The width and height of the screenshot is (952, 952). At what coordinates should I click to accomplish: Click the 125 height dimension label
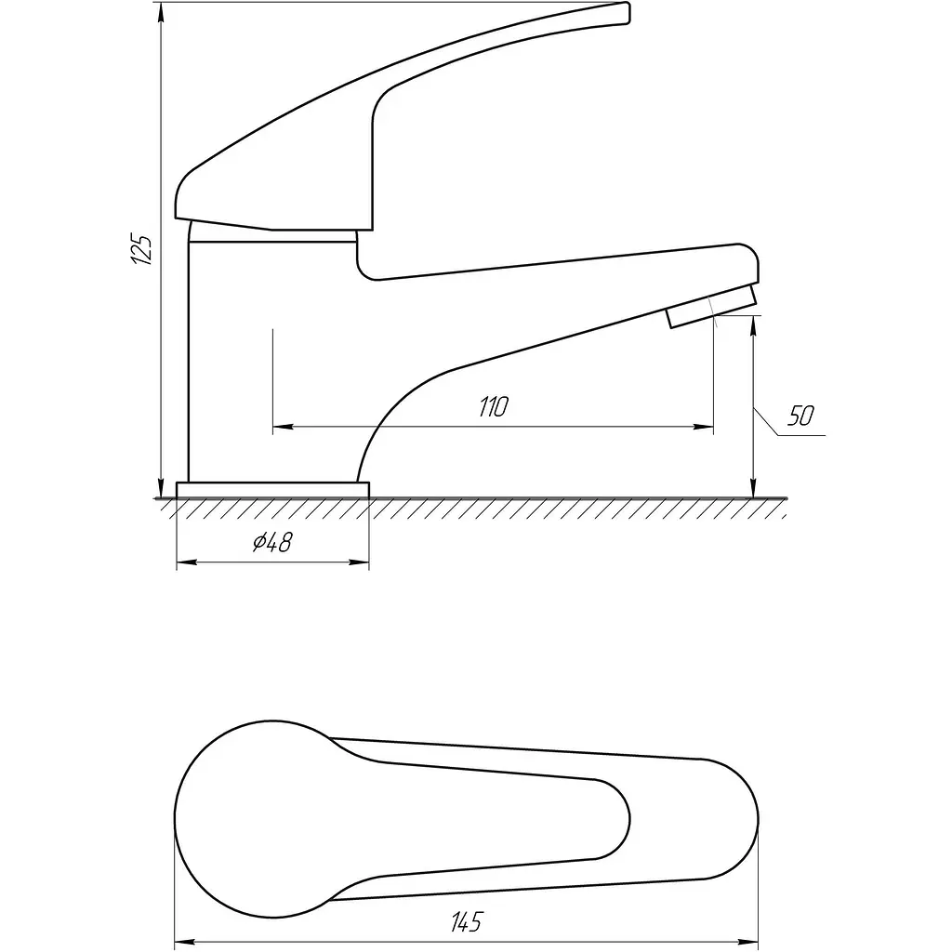tap(142, 248)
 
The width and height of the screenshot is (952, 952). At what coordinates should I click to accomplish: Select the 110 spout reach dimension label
tap(494, 406)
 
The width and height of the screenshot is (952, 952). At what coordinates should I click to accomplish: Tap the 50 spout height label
tap(800, 416)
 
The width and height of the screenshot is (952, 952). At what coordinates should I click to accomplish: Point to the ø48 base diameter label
tap(272, 542)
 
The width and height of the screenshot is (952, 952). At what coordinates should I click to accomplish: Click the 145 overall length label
tap(468, 921)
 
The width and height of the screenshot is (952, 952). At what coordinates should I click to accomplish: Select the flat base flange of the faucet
tap(272, 490)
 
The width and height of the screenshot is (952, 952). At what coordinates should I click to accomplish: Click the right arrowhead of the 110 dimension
tap(705, 428)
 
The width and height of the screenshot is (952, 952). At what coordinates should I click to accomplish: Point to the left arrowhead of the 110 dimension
tap(282, 428)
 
